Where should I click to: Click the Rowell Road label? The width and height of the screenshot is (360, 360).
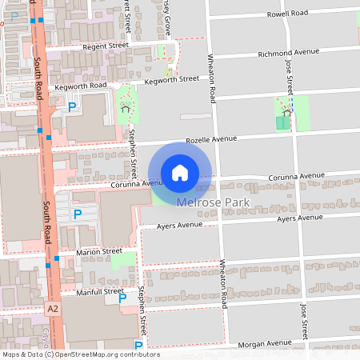pyautogui.click(x=289, y=14)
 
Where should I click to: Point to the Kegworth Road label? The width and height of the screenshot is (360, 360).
pyautogui.click(x=81, y=86)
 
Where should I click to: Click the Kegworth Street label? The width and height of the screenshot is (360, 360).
pyautogui.click(x=171, y=79)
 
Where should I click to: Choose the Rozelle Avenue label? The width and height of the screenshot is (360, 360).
pyautogui.click(x=211, y=139)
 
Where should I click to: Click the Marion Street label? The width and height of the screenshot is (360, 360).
pyautogui.click(x=99, y=251)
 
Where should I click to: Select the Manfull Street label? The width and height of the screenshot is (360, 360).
pyautogui.click(x=100, y=292)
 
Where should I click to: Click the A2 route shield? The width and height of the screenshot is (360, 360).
pyautogui.click(x=53, y=308)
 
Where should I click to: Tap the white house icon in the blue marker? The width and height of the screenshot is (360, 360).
pyautogui.click(x=180, y=173)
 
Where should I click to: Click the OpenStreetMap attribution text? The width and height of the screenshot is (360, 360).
pyautogui.click(x=81, y=354)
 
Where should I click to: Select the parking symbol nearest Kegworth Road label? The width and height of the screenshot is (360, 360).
pyautogui.click(x=72, y=106)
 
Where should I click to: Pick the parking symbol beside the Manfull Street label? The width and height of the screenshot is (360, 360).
pyautogui.click(x=122, y=298)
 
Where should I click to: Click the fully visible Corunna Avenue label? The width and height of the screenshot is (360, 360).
pyautogui.click(x=296, y=175)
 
